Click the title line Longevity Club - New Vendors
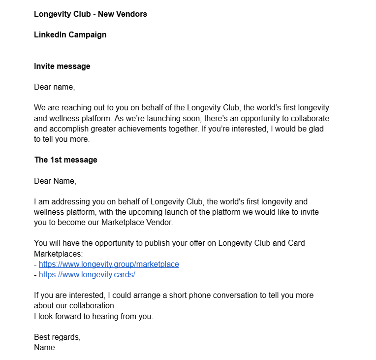(x=90, y=14)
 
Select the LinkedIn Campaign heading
(x=70, y=34)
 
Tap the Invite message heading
(x=62, y=66)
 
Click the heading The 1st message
(x=65, y=160)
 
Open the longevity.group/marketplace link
(x=109, y=264)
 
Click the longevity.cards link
(x=87, y=274)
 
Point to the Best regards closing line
(x=57, y=337)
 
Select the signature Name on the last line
(x=44, y=347)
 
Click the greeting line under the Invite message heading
(x=54, y=87)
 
